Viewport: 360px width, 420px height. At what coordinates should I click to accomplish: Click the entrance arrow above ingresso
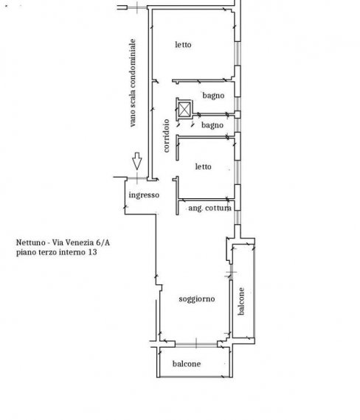[137, 161]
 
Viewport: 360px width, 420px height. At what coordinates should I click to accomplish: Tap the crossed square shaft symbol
[184, 109]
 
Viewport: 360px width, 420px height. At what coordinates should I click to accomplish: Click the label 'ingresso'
[144, 195]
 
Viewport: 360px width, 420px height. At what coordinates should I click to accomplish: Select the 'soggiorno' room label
[197, 299]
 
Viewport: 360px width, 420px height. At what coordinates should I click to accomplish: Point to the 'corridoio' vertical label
[166, 136]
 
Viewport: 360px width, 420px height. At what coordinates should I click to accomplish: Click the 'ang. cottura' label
[210, 208]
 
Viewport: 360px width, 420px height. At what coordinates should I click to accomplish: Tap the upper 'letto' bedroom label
[183, 44]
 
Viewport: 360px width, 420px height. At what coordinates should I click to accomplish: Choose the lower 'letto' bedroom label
[203, 167]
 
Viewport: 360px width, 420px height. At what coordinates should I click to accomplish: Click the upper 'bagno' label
[213, 96]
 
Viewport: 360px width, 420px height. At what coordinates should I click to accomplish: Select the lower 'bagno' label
[212, 125]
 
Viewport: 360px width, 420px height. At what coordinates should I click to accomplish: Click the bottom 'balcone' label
[187, 364]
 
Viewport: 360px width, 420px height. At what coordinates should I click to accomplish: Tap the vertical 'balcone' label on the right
[241, 301]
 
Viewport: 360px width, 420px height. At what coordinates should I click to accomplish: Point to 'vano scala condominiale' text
[133, 83]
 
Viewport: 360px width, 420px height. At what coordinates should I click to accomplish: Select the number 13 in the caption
[92, 252]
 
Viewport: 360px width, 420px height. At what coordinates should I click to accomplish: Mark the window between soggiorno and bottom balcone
[196, 344]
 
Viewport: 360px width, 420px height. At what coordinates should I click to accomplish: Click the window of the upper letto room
[238, 54]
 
